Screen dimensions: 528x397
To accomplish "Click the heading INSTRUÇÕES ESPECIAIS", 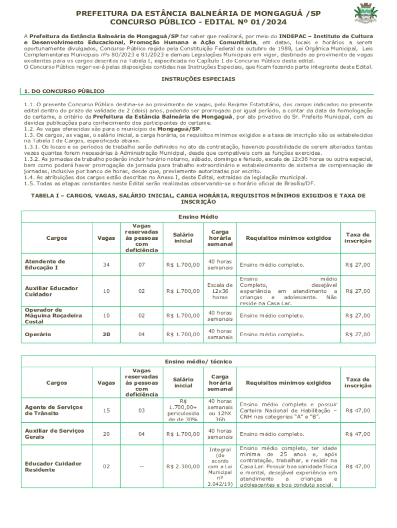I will click(198, 79).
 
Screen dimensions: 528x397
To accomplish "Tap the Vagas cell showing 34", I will click(106, 265).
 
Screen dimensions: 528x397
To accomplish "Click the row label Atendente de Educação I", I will click(45, 265).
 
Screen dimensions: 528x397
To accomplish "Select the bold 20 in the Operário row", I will click(106, 334).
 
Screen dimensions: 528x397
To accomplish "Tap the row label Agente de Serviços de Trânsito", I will click(54, 410).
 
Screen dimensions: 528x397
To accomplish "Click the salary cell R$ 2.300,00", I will click(183, 467).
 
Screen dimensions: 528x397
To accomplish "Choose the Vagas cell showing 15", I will click(106, 410).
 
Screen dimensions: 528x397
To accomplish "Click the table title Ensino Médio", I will click(198, 217).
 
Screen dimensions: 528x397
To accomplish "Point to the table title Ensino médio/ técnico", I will click(197, 361).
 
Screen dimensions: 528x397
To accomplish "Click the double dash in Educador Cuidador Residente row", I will click(141, 467).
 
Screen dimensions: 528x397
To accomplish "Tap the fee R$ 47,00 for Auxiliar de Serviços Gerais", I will click(358, 435).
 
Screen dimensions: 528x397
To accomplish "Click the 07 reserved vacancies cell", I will click(141, 265).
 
